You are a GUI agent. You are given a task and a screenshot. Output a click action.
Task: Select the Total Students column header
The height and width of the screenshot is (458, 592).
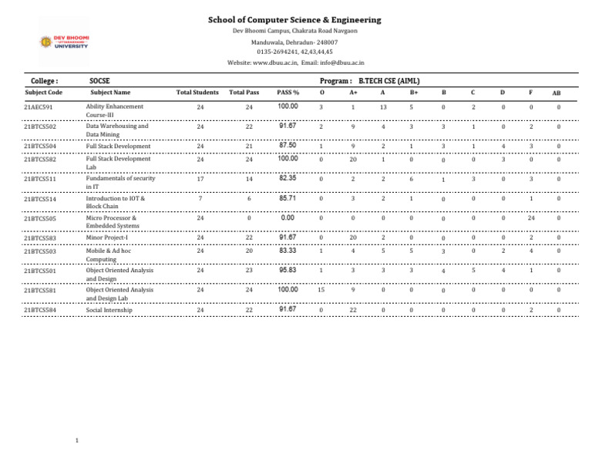point(197,93)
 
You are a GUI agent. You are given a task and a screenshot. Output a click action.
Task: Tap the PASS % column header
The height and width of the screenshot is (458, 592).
point(288,93)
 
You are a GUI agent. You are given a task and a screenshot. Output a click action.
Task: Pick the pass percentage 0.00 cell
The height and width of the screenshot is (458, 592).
point(288,218)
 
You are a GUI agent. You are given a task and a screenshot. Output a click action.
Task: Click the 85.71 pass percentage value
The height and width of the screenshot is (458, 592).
point(288,199)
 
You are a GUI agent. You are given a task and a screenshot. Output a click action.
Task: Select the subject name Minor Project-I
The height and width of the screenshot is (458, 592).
point(107,238)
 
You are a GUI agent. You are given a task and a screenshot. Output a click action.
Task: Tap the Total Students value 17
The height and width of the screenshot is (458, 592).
point(200,178)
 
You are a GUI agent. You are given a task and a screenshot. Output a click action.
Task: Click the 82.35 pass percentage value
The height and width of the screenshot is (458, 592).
point(288,177)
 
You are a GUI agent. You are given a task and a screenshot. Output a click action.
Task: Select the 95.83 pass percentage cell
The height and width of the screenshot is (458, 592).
point(288,270)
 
